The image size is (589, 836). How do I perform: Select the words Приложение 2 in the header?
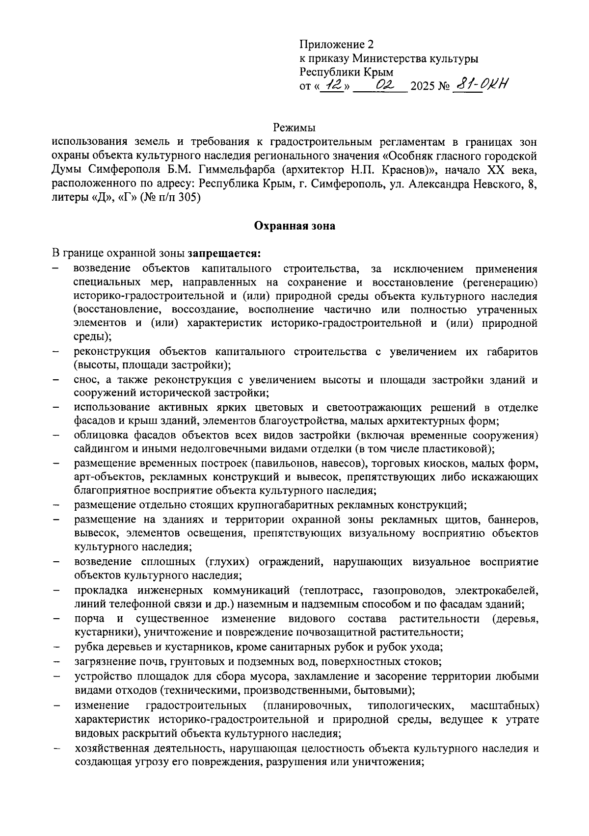click(x=336, y=45)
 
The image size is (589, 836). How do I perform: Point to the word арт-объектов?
click(x=104, y=477)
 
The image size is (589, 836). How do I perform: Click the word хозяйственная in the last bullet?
click(x=111, y=749)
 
